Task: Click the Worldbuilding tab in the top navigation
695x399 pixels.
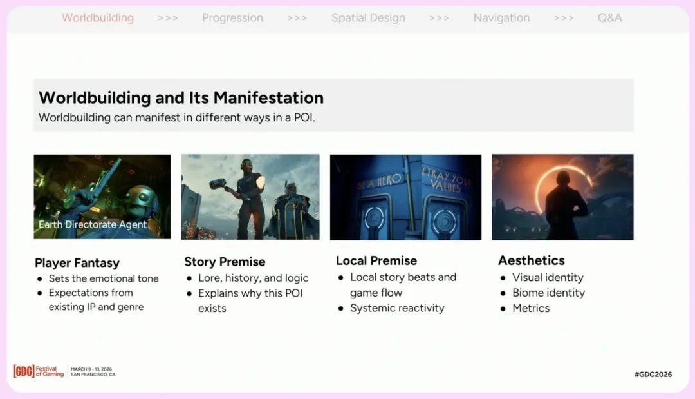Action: click(98, 18)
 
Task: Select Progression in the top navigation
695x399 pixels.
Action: click(232, 18)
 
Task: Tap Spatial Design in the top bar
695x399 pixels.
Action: click(368, 18)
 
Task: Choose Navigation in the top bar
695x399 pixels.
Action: click(501, 18)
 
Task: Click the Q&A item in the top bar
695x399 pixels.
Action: click(609, 18)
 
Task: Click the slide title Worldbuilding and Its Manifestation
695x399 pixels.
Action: click(181, 97)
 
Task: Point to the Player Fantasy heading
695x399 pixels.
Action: click(77, 263)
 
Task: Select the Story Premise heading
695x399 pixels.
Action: click(225, 262)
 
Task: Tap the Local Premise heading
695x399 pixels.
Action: click(376, 260)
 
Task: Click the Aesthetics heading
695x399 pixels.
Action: click(531, 260)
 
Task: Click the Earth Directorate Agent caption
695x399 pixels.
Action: click(93, 224)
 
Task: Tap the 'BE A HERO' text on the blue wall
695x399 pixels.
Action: click(380, 181)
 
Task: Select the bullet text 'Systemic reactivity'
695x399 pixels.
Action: click(397, 308)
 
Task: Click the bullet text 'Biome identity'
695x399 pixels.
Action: click(549, 293)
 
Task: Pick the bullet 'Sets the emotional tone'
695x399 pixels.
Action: click(104, 278)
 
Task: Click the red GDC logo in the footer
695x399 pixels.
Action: click(24, 371)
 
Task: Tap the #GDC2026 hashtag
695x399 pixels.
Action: click(653, 374)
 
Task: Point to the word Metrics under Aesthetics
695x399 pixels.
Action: click(531, 308)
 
